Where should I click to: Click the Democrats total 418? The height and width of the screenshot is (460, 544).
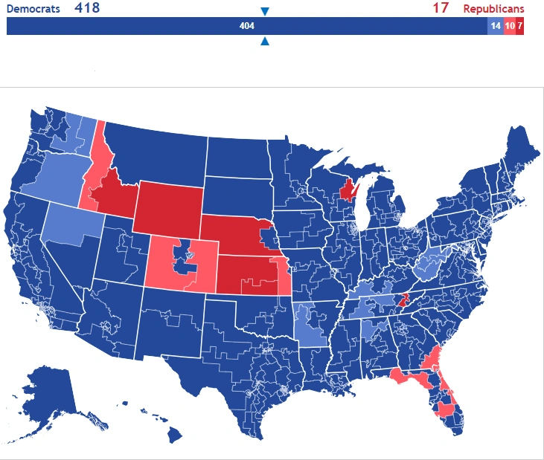point(87,9)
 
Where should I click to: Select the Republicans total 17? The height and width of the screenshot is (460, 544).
point(441,9)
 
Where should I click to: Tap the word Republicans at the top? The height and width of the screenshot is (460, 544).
point(493,9)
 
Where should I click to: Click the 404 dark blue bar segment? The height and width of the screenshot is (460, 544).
point(246,26)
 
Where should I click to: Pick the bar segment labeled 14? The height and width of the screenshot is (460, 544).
point(495,26)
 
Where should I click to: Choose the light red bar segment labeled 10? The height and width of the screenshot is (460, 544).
point(509,26)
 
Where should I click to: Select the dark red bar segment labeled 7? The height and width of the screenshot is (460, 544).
point(519,26)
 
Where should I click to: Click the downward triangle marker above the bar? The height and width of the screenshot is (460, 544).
point(265,11)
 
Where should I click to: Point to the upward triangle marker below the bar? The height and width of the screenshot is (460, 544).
point(265,42)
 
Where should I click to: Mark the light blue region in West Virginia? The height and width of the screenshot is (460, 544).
point(428,265)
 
